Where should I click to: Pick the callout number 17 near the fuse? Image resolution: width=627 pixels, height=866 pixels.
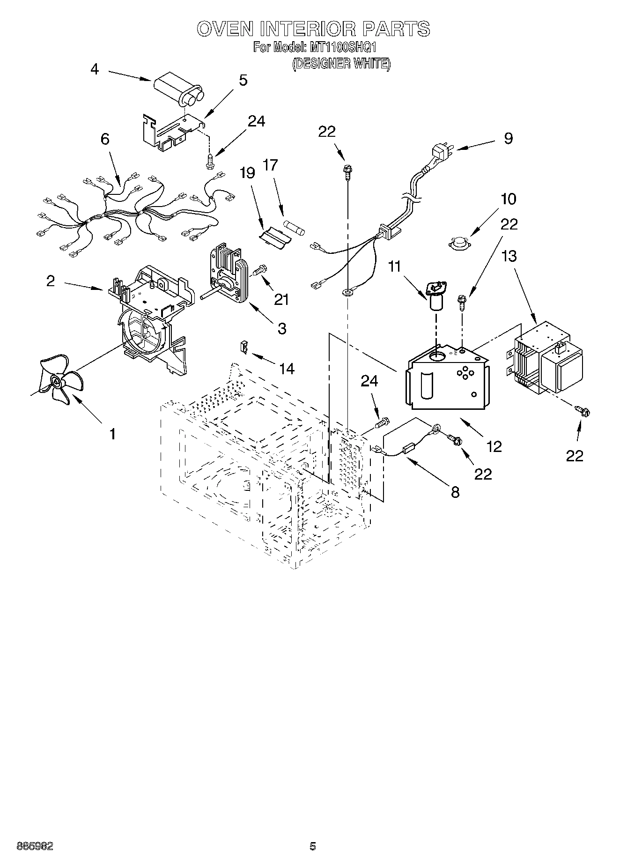(270, 165)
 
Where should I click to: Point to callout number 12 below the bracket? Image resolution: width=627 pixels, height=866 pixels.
(494, 446)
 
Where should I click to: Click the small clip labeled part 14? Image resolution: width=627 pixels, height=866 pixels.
(244, 347)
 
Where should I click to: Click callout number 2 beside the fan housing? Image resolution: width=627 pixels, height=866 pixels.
(51, 281)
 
